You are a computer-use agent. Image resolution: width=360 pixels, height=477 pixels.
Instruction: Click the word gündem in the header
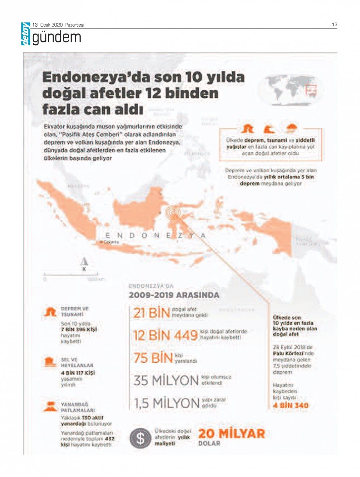tap(57, 37)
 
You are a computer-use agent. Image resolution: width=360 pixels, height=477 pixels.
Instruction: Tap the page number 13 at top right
tap(334, 24)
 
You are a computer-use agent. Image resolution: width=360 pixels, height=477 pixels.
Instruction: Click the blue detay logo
tap(26, 34)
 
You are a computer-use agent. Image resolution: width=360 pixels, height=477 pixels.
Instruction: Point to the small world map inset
tap(290, 90)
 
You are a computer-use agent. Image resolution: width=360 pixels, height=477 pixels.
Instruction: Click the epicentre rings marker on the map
tap(174, 213)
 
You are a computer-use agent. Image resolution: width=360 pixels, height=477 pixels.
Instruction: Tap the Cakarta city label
tap(111, 242)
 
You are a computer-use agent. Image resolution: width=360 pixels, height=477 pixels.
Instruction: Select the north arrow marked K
tap(84, 263)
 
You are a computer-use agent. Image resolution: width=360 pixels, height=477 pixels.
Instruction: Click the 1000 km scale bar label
tap(95, 279)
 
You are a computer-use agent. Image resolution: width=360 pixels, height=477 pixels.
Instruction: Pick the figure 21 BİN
tap(151, 313)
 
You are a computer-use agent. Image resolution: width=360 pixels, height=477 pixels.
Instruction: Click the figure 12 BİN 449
tap(165, 336)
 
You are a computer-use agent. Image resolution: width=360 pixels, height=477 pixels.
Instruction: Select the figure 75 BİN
tap(153, 358)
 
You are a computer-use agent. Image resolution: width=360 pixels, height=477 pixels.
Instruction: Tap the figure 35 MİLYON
tap(166, 381)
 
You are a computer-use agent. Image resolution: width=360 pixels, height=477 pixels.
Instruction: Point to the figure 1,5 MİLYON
tap(167, 403)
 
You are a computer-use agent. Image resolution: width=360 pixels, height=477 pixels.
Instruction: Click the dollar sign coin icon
tap(140, 438)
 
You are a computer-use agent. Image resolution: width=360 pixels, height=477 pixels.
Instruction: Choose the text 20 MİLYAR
tap(231, 433)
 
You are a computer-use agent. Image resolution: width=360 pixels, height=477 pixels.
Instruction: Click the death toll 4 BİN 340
tap(291, 405)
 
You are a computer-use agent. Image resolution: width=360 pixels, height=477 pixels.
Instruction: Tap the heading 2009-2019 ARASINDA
tap(174, 295)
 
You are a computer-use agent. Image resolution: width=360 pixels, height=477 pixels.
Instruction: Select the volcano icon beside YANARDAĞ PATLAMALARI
tap(50, 406)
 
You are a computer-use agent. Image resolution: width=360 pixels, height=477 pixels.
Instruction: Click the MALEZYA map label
tap(78, 186)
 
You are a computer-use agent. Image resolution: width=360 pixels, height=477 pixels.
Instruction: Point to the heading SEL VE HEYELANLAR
tap(77, 362)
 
